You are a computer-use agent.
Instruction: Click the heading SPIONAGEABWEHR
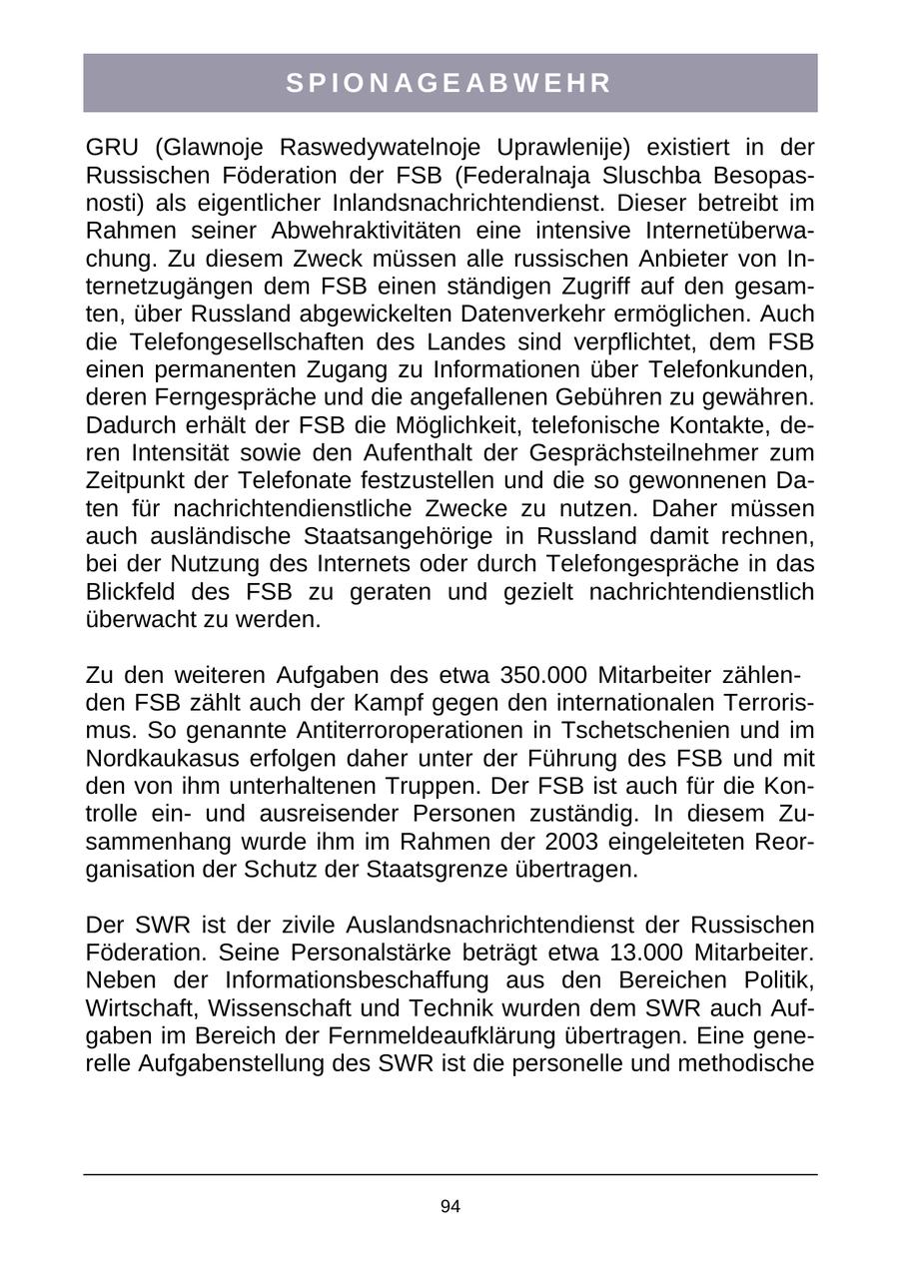point(449,84)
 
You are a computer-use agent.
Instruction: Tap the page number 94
point(449,1207)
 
